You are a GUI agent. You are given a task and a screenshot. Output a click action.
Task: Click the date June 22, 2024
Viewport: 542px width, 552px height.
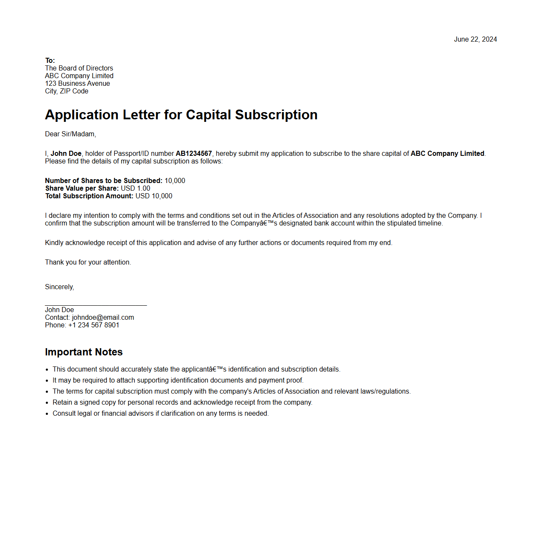pyautogui.click(x=475, y=39)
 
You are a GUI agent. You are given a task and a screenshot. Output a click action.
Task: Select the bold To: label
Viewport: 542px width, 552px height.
pyautogui.click(x=50, y=61)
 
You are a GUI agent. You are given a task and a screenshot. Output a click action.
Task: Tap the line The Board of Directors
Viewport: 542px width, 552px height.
pyautogui.click(x=79, y=68)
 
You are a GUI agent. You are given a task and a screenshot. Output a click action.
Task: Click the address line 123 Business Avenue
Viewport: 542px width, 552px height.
pyautogui.click(x=77, y=84)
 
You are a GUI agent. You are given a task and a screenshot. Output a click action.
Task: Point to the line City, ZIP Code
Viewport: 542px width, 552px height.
pyautogui.click(x=67, y=91)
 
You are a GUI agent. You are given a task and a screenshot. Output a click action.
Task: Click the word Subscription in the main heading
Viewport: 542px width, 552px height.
pyautogui.click(x=276, y=115)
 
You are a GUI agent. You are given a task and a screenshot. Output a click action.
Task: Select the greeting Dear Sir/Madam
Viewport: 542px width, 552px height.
pyautogui.click(x=70, y=134)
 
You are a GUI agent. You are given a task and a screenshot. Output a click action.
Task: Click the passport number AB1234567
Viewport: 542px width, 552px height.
pyautogui.click(x=194, y=154)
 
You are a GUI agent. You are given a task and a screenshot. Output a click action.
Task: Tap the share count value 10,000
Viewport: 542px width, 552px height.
pyautogui.click(x=175, y=181)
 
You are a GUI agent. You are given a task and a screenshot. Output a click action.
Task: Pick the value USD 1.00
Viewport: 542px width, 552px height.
pyautogui.click(x=135, y=189)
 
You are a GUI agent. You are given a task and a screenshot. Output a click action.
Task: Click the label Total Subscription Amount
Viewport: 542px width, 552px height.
pyautogui.click(x=89, y=196)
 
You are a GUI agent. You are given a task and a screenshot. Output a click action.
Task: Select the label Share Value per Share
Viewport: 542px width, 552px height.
pyautogui.click(x=82, y=189)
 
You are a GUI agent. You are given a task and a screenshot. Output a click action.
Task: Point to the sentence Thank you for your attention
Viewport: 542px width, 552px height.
pyautogui.click(x=88, y=262)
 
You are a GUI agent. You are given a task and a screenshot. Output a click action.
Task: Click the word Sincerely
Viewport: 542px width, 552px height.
pyautogui.click(x=59, y=287)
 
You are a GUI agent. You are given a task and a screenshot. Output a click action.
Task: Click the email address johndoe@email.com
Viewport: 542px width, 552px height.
pyautogui.click(x=103, y=318)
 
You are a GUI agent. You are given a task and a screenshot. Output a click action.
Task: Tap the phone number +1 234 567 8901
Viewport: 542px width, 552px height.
pyautogui.click(x=94, y=325)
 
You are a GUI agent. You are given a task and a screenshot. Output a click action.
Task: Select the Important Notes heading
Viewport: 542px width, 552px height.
pyautogui.click(x=84, y=352)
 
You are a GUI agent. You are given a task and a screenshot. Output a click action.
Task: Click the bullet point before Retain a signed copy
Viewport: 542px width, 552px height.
pyautogui.click(x=47, y=403)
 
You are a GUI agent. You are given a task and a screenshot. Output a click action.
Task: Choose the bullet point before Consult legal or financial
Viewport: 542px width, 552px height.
pyautogui.click(x=47, y=414)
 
